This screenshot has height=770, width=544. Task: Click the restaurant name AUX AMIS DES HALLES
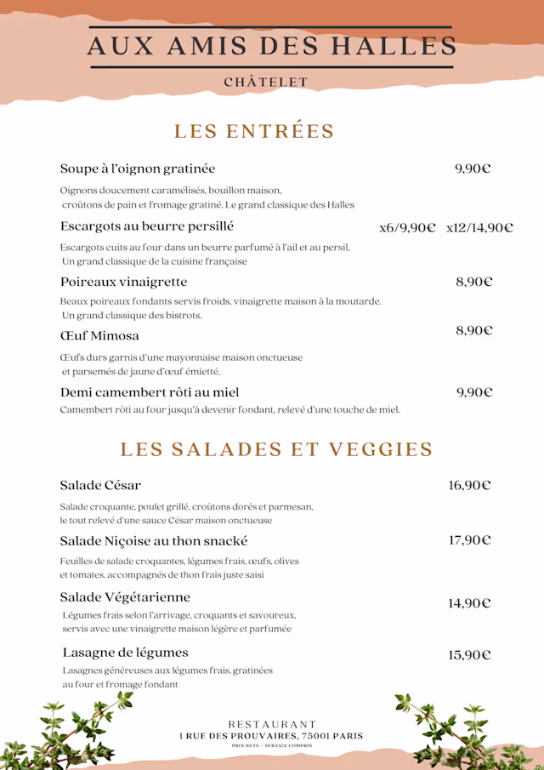pyautogui.click(x=272, y=46)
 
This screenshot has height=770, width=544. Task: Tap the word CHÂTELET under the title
pyautogui.click(x=266, y=83)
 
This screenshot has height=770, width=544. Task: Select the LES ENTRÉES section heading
pyautogui.click(x=254, y=131)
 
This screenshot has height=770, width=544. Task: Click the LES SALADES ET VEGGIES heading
pyautogui.click(x=276, y=449)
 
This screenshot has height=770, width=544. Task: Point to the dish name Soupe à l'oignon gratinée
pyautogui.click(x=138, y=168)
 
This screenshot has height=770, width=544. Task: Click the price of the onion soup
pyautogui.click(x=473, y=168)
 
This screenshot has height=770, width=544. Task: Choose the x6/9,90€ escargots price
pyautogui.click(x=407, y=227)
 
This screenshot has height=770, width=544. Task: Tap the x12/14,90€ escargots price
pyautogui.click(x=479, y=227)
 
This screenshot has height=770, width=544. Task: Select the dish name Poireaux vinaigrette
pyautogui.click(x=124, y=282)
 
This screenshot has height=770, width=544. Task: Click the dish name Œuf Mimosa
pyautogui.click(x=99, y=335)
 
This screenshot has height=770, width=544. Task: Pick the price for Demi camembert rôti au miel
pyautogui.click(x=474, y=392)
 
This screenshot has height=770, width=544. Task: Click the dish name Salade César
pyautogui.click(x=100, y=485)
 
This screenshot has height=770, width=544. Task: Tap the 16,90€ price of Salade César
pyautogui.click(x=470, y=485)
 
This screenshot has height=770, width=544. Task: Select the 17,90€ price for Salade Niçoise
pyautogui.click(x=470, y=540)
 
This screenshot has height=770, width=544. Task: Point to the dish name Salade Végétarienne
pyautogui.click(x=125, y=596)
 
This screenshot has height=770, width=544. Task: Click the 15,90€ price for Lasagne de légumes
pyautogui.click(x=470, y=655)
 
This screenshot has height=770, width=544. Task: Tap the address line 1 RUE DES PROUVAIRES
pyautogui.click(x=271, y=735)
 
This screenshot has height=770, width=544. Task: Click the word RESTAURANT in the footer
pyautogui.click(x=272, y=724)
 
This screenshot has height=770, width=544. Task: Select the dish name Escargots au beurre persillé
pyautogui.click(x=147, y=226)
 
